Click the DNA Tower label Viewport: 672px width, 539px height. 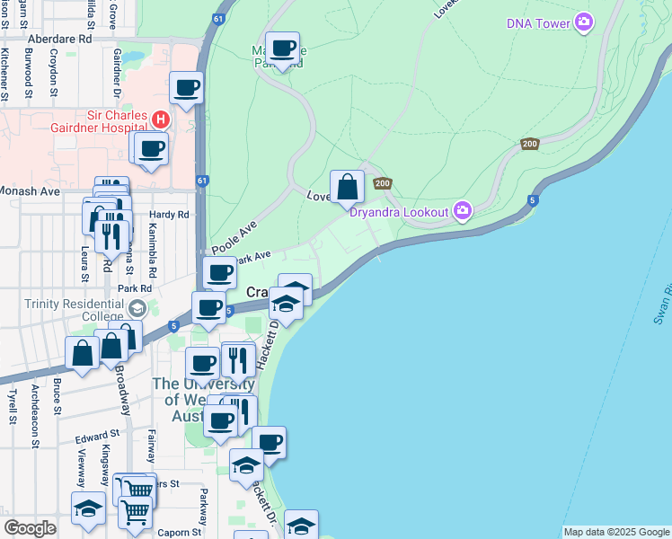(538, 23)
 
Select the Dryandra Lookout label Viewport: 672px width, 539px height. (400, 212)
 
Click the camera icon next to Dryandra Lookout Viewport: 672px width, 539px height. (463, 211)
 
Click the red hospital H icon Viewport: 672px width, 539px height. (160, 119)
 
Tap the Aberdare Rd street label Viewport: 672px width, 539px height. (60, 40)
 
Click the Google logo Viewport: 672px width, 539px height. (31, 528)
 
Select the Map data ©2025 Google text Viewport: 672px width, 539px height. (616, 532)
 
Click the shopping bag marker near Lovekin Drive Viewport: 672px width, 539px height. (348, 188)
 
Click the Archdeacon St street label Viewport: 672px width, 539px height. (34, 415)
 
